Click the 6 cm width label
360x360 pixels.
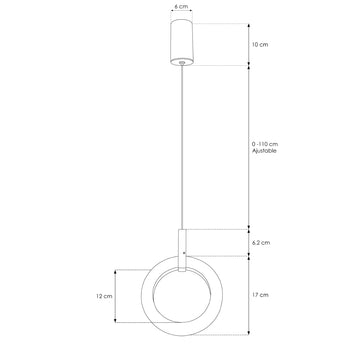(180, 6)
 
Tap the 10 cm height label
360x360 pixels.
(262, 45)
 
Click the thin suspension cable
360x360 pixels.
(180, 150)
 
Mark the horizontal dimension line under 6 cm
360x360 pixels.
(180, 15)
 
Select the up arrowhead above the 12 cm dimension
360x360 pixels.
(118, 271)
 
